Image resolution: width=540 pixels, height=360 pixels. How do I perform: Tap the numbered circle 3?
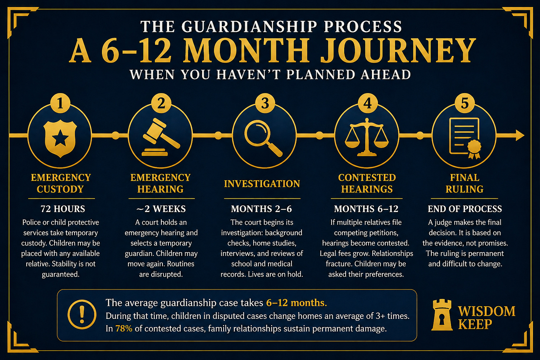tap(264, 103)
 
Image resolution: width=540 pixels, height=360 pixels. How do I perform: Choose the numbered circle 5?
tap(464, 103)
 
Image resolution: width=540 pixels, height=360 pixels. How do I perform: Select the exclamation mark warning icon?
tap(82, 314)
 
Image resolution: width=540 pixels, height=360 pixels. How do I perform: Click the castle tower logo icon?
tap(442, 315)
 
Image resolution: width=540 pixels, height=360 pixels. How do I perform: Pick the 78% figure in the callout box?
tap(124, 328)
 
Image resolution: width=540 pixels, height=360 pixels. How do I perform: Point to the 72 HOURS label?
tap(63, 209)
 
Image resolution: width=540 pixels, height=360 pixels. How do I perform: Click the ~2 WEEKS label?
tap(161, 209)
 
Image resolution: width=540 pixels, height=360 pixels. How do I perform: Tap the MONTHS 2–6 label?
tap(261, 209)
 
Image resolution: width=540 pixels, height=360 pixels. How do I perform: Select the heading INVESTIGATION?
tap(262, 184)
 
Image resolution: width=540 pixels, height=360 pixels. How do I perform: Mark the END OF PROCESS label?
tap(465, 209)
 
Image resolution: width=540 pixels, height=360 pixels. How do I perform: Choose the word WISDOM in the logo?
tap(487, 311)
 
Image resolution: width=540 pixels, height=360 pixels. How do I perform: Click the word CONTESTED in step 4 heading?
tap(367, 178)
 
